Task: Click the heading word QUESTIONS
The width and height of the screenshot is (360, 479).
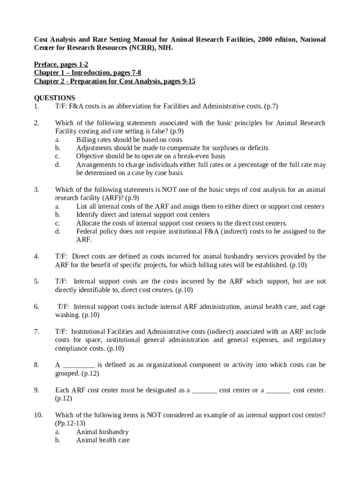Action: point(55,98)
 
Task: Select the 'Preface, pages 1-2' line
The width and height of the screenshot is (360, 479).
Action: point(61,65)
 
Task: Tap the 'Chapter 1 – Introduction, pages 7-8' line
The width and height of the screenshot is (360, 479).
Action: point(87,73)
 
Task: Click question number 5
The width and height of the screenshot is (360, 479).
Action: point(36,282)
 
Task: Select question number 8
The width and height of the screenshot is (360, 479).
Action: point(36,365)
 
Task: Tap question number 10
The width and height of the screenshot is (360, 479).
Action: point(38,415)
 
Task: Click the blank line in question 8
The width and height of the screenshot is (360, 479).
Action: point(79,365)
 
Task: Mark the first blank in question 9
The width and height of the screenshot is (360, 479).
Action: point(204,390)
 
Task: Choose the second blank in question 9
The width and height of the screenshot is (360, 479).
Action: point(279,390)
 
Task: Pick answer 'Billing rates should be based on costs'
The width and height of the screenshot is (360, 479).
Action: point(129,139)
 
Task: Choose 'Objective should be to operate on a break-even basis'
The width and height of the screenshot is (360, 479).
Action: point(151,156)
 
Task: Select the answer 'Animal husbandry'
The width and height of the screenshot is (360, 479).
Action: point(102,432)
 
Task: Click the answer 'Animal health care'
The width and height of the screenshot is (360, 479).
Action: point(103,440)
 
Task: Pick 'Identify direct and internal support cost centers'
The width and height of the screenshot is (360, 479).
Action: point(143,215)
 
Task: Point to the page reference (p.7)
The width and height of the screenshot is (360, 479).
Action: point(271,106)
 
